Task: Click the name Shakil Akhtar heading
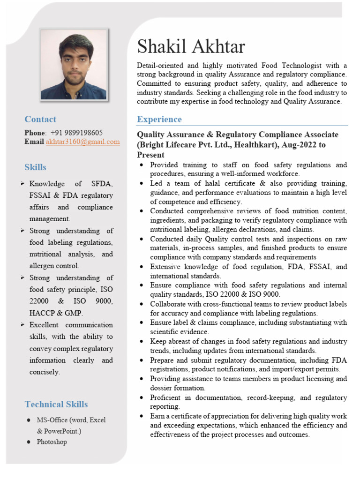point(191,46)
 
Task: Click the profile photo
point(74,64)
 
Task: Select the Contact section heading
point(40,119)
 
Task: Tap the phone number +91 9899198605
point(76,133)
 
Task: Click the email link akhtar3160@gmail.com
point(83,142)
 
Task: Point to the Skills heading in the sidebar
point(36,167)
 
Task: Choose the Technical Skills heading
point(56,404)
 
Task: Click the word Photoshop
point(52,442)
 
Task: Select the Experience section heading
point(159,119)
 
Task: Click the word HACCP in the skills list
point(41,313)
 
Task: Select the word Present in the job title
point(150,155)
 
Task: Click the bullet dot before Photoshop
point(29,442)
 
